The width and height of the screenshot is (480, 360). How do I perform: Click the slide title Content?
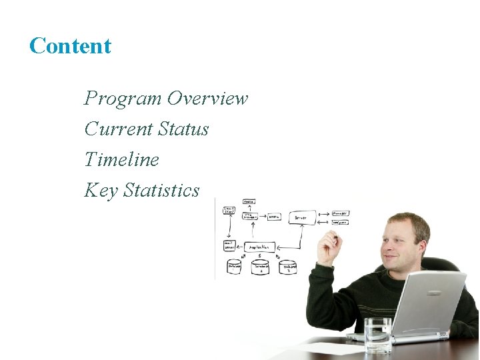(70, 46)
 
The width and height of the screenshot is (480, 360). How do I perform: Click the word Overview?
(207, 99)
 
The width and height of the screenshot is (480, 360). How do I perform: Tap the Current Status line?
(146, 129)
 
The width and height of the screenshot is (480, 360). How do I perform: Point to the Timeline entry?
(121, 160)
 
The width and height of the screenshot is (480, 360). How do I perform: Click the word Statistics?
(161, 191)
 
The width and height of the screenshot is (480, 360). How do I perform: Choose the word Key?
(101, 191)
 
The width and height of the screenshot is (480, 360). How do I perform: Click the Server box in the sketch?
(302, 217)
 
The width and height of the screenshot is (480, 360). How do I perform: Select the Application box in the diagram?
(260, 247)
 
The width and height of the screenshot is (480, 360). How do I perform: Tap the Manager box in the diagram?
(340, 214)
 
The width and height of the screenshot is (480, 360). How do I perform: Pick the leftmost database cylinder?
(234, 267)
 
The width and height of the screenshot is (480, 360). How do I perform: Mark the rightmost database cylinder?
(288, 267)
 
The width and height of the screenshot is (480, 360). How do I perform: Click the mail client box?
(229, 212)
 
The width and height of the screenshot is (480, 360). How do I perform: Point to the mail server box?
(229, 245)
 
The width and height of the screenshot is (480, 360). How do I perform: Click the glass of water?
(378, 335)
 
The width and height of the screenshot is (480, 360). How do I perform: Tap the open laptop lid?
(428, 301)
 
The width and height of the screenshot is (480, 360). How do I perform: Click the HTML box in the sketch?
(273, 217)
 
